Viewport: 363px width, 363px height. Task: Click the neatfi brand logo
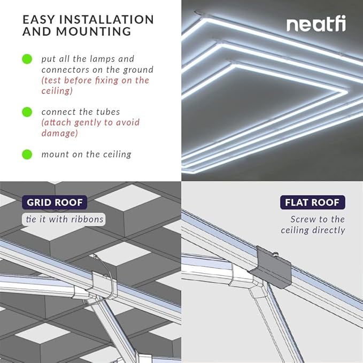click(x=315, y=25)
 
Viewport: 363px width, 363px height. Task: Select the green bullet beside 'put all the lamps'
click(x=27, y=59)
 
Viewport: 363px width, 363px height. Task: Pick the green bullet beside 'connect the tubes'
click(x=27, y=112)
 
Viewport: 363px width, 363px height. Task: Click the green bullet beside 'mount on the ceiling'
click(x=27, y=155)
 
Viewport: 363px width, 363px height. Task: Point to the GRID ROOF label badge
click(x=53, y=203)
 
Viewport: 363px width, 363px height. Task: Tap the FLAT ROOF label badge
click(x=313, y=203)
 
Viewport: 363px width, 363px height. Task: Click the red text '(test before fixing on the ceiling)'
click(x=95, y=86)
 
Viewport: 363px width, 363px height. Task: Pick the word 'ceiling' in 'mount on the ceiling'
click(x=116, y=155)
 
